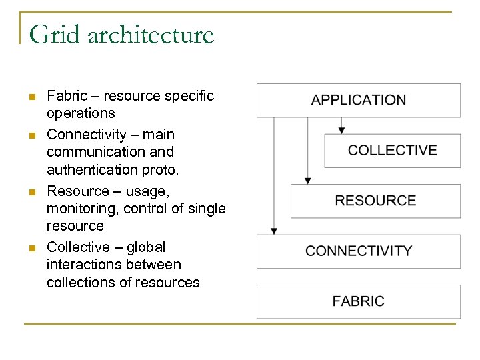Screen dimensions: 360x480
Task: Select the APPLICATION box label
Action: tap(358, 100)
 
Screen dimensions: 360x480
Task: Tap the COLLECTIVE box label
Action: tap(392, 150)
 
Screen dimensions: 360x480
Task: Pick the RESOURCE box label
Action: tap(375, 201)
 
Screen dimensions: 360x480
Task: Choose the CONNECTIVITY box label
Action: tap(359, 251)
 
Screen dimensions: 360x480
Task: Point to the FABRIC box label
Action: tap(359, 301)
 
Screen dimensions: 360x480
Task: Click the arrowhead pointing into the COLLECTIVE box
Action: tap(341, 129)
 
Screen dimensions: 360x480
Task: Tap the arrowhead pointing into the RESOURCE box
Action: tap(307, 180)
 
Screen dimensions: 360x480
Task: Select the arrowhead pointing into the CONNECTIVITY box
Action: tap(273, 231)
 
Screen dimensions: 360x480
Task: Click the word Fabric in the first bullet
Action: tap(65, 96)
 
